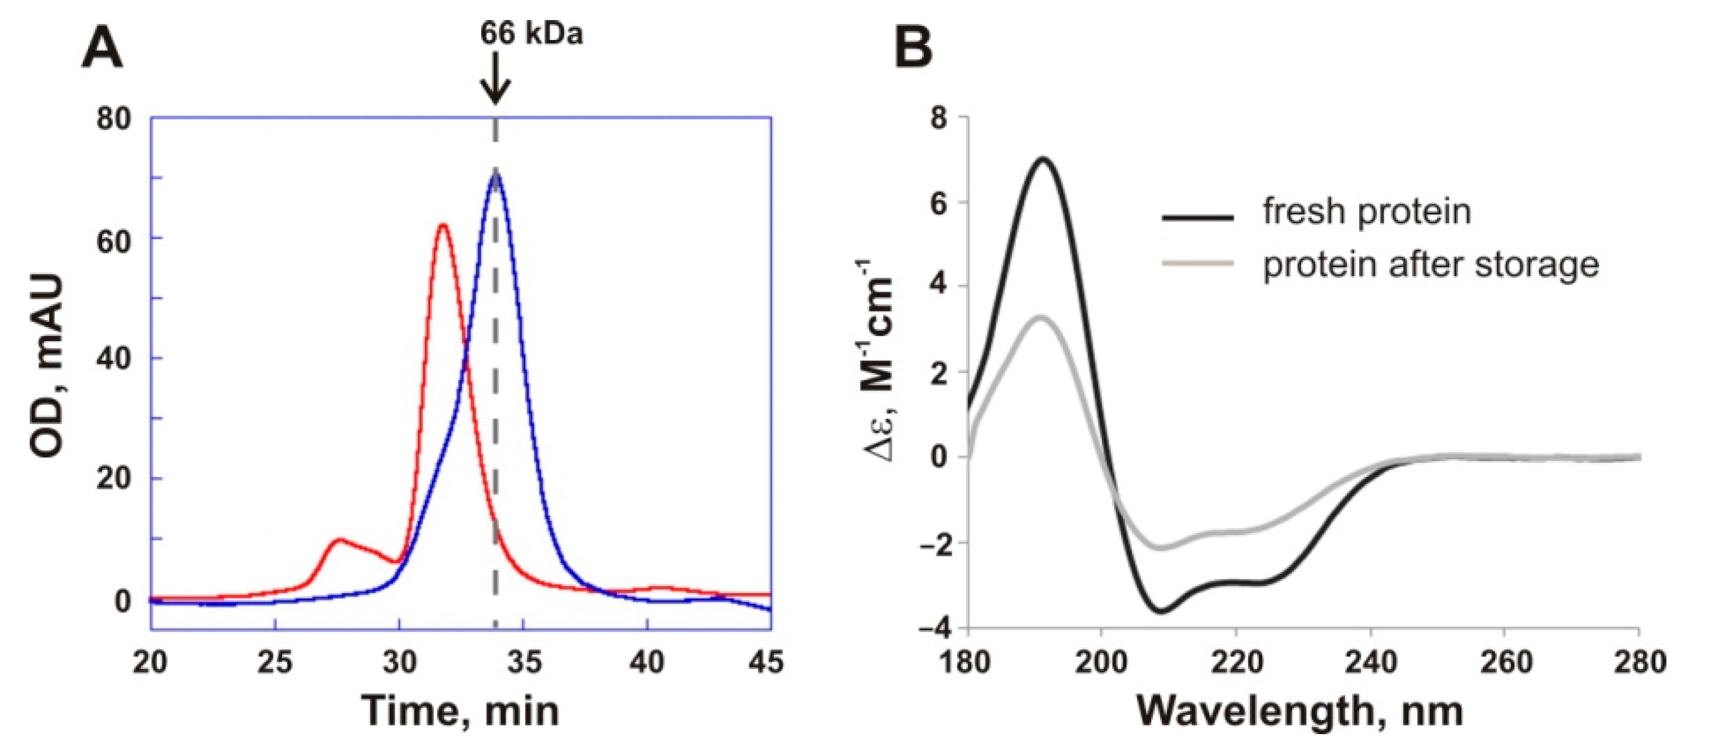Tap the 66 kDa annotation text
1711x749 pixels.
click(532, 32)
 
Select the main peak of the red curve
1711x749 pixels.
click(442, 226)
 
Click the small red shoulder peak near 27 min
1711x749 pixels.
click(339, 540)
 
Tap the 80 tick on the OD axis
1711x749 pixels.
click(114, 120)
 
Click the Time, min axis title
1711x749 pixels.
click(460, 711)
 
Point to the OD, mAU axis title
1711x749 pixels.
click(48, 366)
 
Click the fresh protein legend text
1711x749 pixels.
click(1366, 212)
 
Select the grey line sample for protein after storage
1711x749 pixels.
click(1198, 264)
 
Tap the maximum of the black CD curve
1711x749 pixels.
click(1043, 159)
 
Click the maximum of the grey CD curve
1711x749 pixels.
click(1042, 317)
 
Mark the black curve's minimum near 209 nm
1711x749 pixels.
click(1160, 611)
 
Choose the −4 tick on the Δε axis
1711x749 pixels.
click(933, 628)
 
